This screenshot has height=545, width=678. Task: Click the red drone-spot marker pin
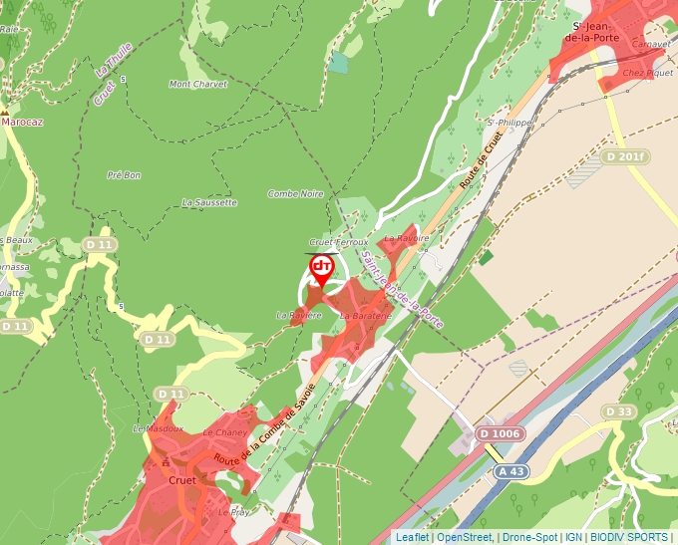[321, 270]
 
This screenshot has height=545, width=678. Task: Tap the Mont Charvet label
[198, 85]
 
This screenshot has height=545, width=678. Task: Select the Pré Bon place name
[124, 175]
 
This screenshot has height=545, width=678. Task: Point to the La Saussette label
[209, 202]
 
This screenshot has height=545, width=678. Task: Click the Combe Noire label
[295, 194]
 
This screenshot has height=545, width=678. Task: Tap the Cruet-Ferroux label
[339, 242]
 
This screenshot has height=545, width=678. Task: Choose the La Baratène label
[361, 316]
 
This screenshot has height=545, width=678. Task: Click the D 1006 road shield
[499, 433]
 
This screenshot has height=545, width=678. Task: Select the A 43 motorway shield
[511, 471]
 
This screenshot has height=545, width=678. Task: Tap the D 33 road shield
[619, 411]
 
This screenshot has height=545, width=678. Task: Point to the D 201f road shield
[626, 157]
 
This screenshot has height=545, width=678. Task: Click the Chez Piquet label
[647, 73]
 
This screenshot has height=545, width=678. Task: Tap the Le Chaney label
[224, 433]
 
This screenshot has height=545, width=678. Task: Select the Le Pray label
[233, 512]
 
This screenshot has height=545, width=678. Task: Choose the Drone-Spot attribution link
[529, 537]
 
